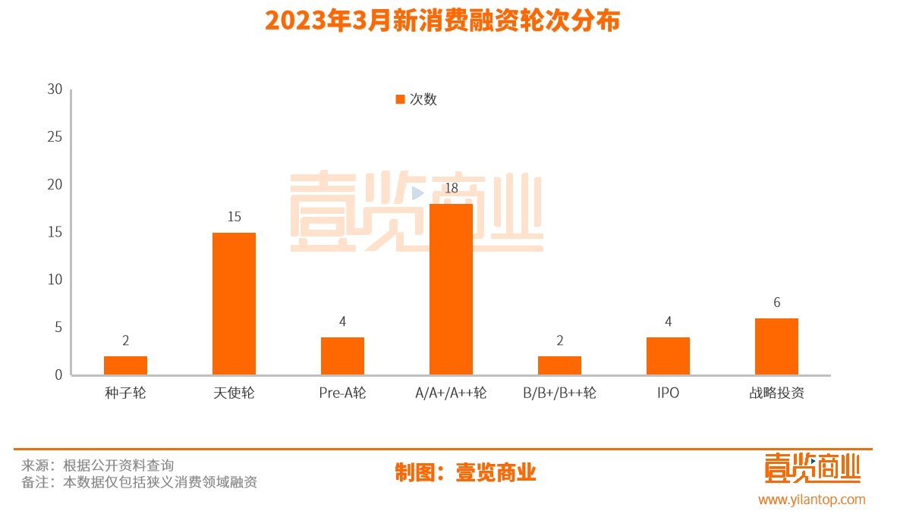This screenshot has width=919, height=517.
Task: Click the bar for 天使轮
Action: (234, 303)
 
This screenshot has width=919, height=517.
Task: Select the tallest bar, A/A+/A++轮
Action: (451, 289)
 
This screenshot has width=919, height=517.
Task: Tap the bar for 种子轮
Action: (125, 365)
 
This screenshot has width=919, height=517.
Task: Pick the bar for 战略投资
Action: (776, 346)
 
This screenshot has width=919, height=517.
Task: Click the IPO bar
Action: (668, 356)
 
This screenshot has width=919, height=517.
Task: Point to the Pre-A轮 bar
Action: (342, 356)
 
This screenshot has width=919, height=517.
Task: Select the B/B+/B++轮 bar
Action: (559, 365)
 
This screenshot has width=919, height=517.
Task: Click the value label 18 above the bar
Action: (452, 188)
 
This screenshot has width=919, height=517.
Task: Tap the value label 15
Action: (234, 217)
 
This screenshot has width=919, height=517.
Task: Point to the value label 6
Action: (776, 302)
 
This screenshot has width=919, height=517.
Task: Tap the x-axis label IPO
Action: (668, 393)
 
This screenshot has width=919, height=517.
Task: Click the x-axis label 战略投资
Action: (776, 393)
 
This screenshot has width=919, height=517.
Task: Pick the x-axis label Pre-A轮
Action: (342, 393)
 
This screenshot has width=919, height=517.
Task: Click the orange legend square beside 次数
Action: (400, 99)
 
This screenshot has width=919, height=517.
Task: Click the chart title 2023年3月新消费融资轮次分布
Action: (442, 21)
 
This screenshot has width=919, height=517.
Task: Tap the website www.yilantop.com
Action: (811, 500)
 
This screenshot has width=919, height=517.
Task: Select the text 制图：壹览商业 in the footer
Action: (465, 472)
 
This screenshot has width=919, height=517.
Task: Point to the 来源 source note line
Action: (98, 465)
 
